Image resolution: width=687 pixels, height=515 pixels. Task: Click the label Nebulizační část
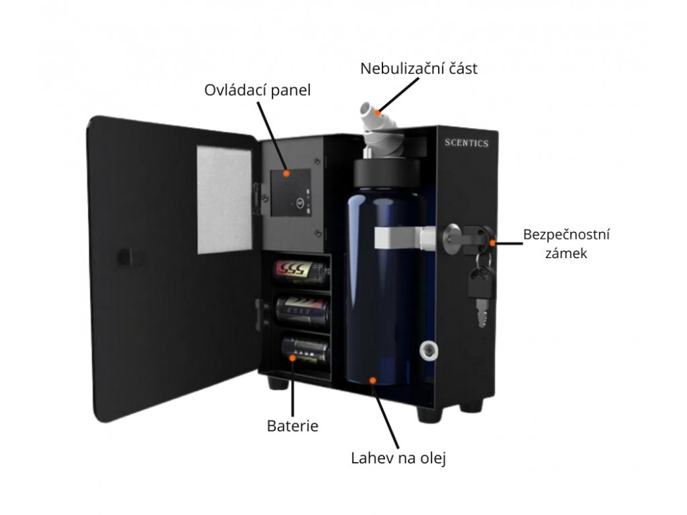pos(419,68)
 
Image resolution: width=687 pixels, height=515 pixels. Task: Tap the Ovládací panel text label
pos(258,90)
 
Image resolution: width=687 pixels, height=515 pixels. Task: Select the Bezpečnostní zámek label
pos(566,244)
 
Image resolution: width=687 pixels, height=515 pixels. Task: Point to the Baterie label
pos(293,425)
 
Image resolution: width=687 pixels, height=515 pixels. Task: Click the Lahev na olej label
pos(399,459)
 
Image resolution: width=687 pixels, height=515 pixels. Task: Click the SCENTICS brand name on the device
pos(467,143)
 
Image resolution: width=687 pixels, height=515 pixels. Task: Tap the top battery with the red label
pos(301,272)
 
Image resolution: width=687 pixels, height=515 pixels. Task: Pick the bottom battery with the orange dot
pos(303,350)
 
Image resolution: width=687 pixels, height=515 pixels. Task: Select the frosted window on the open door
pos(224,199)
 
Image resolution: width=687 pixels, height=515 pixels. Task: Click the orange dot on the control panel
pos(286,173)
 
